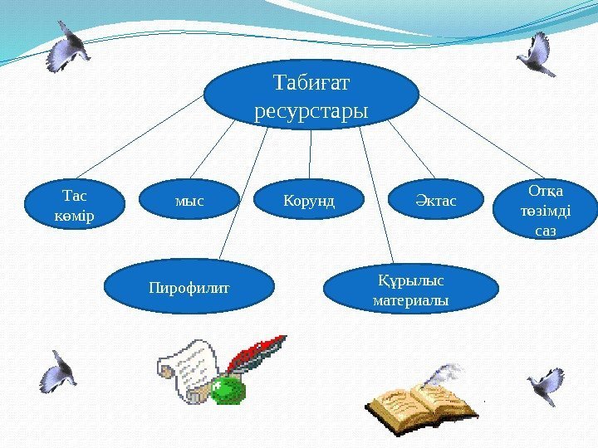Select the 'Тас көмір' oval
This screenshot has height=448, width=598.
click(x=73, y=207)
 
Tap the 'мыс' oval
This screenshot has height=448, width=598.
click(x=189, y=201)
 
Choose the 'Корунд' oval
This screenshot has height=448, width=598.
click(x=308, y=201)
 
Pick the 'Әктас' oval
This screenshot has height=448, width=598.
click(x=435, y=201)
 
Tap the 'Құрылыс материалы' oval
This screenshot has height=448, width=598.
click(x=410, y=287)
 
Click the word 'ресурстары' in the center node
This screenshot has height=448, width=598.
click(x=311, y=110)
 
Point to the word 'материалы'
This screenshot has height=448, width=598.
click(x=410, y=299)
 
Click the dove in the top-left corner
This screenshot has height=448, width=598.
click(x=70, y=46)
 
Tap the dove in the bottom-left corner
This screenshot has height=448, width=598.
click(x=59, y=371)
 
